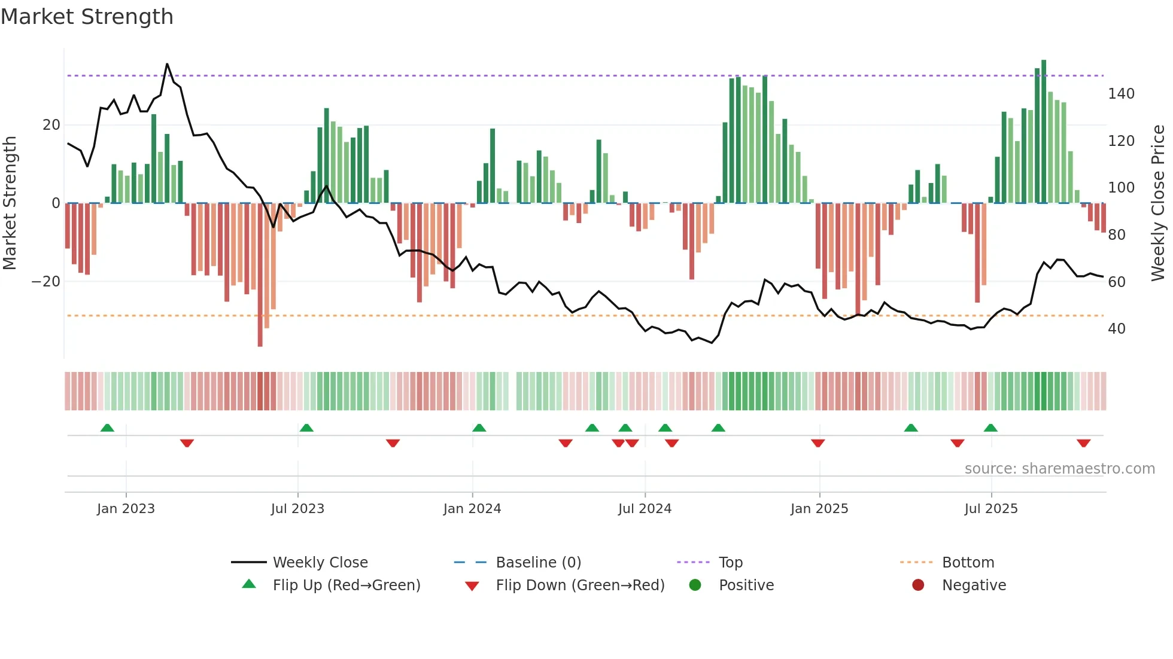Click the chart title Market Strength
[87, 17]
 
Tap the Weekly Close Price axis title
[1158, 203]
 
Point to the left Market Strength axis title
[10, 203]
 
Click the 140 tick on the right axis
[1120, 94]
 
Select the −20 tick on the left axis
[46, 282]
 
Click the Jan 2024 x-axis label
[472, 509]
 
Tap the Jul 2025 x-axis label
[990, 509]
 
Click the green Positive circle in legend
[695, 585]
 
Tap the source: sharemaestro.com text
[1059, 469]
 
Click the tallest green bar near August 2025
[1044, 132]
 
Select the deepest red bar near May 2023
[260, 275]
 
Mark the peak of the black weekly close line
[167, 64]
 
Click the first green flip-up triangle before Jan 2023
[107, 428]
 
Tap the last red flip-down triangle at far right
[1083, 443]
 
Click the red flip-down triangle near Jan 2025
[818, 443]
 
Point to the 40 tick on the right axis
[1116, 329]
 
